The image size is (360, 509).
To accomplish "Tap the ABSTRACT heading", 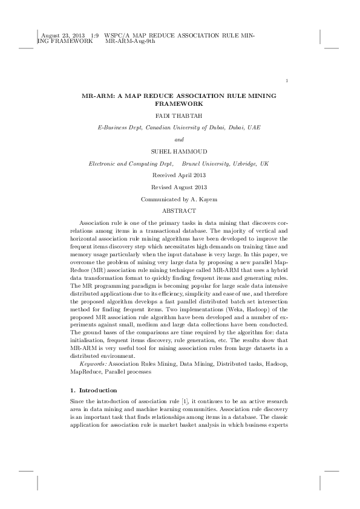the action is [x=179, y=210].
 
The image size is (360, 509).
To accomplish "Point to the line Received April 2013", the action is [x=179, y=175].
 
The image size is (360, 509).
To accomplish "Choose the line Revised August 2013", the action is [x=179, y=187].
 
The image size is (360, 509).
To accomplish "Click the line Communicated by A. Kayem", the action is [x=179, y=199].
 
